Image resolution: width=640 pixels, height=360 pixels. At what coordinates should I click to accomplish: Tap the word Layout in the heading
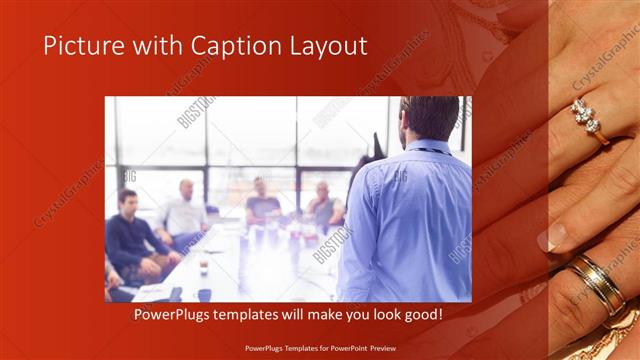click(x=326, y=46)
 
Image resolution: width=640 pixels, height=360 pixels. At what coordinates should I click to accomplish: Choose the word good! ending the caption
click(x=422, y=315)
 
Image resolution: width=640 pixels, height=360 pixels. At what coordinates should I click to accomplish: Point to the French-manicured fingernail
click(x=551, y=237)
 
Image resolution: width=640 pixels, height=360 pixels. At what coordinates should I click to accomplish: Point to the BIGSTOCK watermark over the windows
click(x=196, y=112)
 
